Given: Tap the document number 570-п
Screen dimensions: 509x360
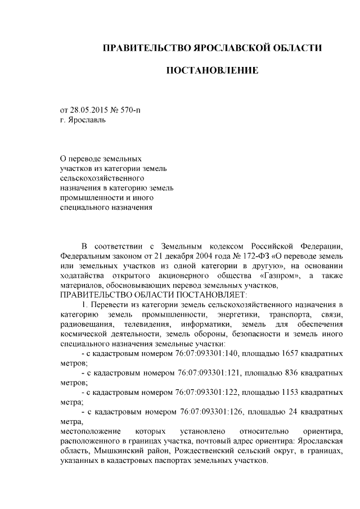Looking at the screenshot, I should [x=130, y=109].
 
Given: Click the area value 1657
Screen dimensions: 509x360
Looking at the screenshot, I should [x=285, y=354].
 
